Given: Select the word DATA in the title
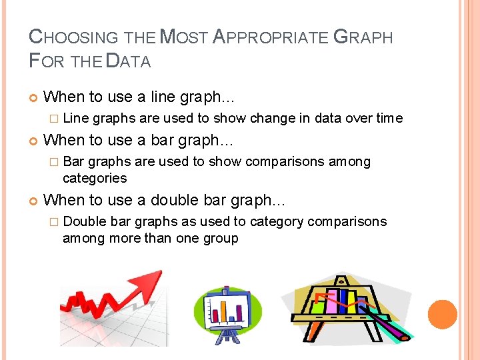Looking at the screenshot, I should pos(129,61).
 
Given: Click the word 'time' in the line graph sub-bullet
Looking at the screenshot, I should pos(389,118).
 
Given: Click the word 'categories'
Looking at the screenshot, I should pos(95,178).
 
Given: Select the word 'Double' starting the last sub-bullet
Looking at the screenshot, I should pos(85,221).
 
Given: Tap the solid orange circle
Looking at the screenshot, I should pos(442,315).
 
